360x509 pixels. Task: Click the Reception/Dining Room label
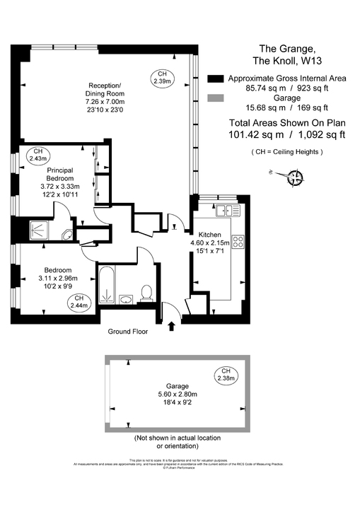105,89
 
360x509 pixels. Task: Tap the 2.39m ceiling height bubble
162,78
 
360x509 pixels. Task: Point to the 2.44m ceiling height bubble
79,303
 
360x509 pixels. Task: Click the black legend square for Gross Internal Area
216,78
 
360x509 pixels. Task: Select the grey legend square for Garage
216,98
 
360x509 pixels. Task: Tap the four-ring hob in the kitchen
238,241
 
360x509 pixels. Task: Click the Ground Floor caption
128,331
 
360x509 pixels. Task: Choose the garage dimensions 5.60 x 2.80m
178,394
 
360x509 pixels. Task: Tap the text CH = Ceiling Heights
287,152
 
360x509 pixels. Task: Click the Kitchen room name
211,234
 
